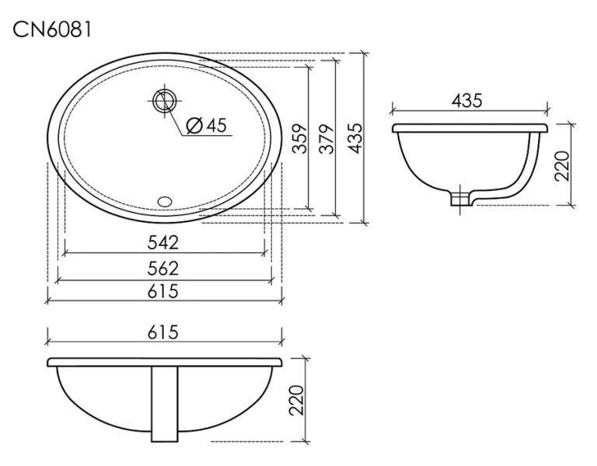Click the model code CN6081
[52, 30]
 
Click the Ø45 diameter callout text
[207, 125]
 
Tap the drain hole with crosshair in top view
[165, 100]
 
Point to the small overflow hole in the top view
[165, 201]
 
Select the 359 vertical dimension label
[300, 138]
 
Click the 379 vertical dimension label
[326, 138]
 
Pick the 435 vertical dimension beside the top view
[354, 138]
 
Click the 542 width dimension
[163, 242]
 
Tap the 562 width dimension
[163, 268]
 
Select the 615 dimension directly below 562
[163, 291]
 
